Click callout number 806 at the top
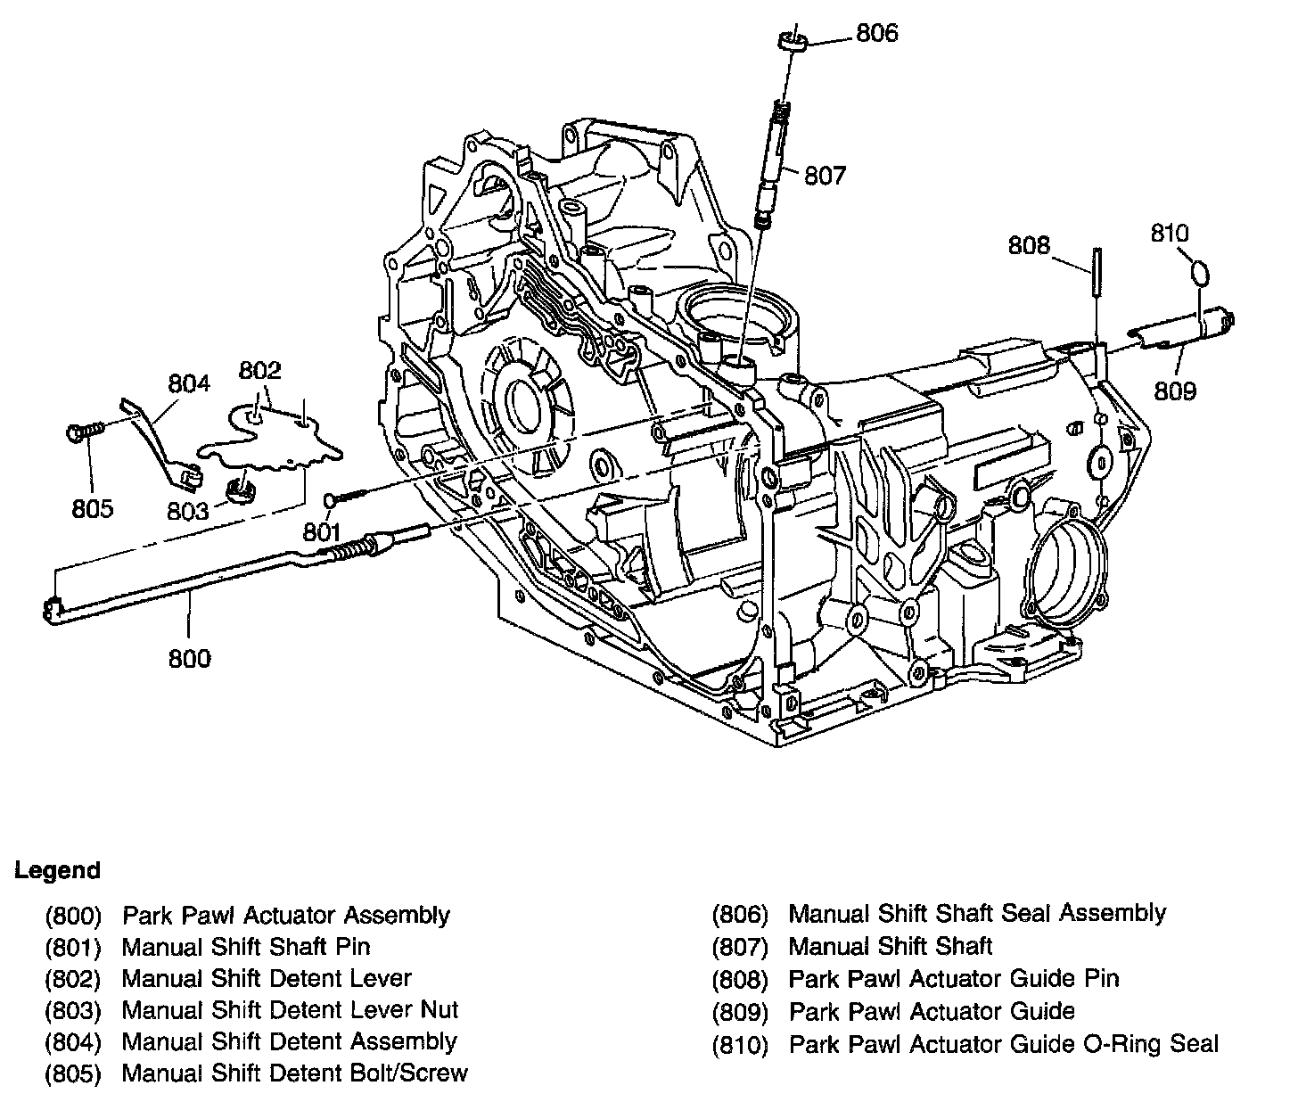[876, 34]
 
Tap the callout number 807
[824, 176]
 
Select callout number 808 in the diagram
[1029, 245]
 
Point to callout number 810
[1170, 234]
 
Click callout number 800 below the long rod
[189, 659]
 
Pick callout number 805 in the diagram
[93, 508]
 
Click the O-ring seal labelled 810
[1201, 272]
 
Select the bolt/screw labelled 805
[85, 432]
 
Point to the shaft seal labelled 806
[793, 40]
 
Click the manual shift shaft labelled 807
[772, 160]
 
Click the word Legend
[57, 870]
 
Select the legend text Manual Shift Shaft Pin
[246, 946]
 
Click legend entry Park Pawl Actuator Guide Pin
[954, 979]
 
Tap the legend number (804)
[74, 1041]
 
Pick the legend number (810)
[740, 1044]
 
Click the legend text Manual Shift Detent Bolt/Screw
[294, 1073]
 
